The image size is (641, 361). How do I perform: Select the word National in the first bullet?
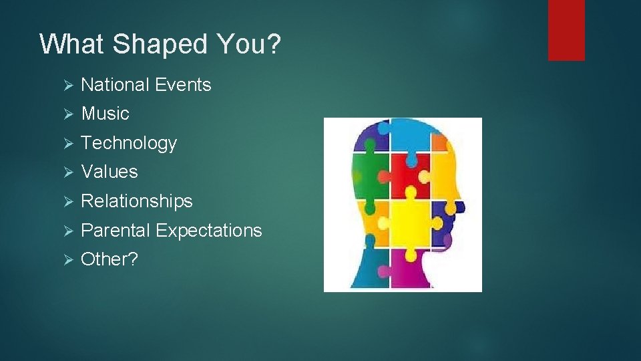115,85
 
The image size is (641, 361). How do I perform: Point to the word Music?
105,114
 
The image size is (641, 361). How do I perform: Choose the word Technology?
128,143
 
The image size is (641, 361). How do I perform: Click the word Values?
109,172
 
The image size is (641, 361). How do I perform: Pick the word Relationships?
136,201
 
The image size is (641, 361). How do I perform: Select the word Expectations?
208,231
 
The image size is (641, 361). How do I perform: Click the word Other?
109,259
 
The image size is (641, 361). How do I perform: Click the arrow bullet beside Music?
67,114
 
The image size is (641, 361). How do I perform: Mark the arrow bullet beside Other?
67,260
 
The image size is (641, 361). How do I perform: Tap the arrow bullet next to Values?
67,172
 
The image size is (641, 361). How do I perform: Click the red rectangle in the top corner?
566,30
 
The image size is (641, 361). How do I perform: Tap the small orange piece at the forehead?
439,142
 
